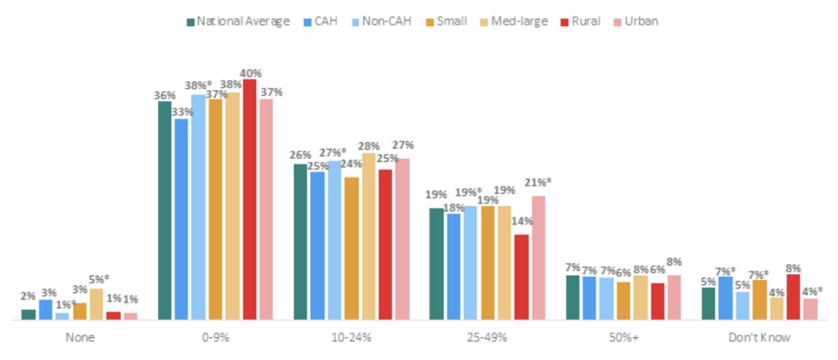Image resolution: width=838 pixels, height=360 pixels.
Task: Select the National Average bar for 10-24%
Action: (301, 241)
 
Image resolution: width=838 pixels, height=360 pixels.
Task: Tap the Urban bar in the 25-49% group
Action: (538, 258)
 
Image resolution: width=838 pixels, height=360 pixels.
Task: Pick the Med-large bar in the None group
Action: (97, 304)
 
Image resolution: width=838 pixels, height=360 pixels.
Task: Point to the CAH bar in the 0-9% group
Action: (181, 218)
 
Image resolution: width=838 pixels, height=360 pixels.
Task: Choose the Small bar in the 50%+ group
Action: (624, 300)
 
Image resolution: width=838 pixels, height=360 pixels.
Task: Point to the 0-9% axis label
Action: (215, 337)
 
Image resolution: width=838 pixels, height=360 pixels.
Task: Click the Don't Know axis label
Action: (759, 337)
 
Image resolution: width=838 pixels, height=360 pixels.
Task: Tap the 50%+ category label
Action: (624, 337)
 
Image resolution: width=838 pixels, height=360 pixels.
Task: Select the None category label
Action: (79, 337)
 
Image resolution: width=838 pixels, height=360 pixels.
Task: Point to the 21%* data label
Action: (538, 182)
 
